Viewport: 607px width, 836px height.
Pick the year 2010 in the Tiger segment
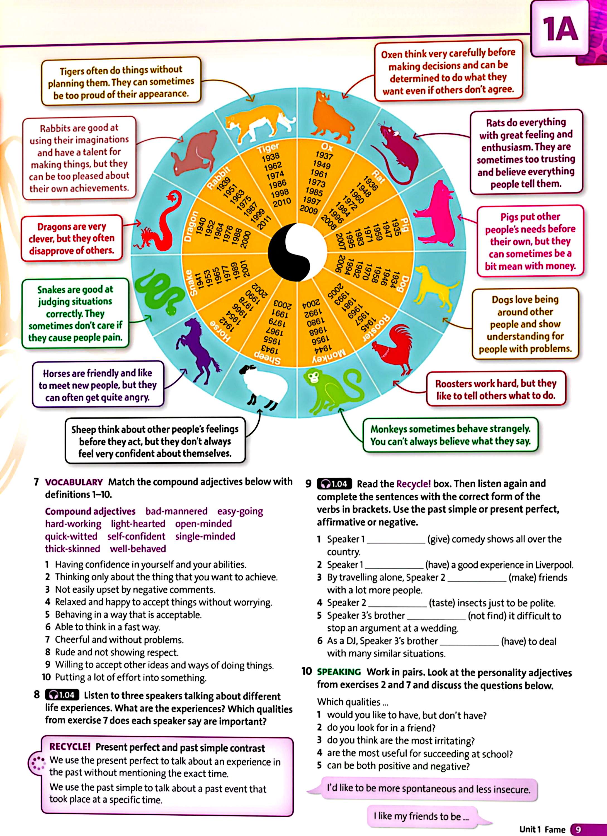point(282,202)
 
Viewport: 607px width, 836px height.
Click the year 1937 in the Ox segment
point(324,156)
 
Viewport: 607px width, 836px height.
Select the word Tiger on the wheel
point(268,148)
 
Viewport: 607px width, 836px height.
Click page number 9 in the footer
point(578,829)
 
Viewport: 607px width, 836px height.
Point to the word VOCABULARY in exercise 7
point(74,482)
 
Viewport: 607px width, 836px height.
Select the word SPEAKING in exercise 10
point(339,672)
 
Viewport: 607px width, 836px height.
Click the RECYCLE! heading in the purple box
point(70,747)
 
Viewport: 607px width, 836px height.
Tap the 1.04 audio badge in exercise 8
point(62,695)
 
